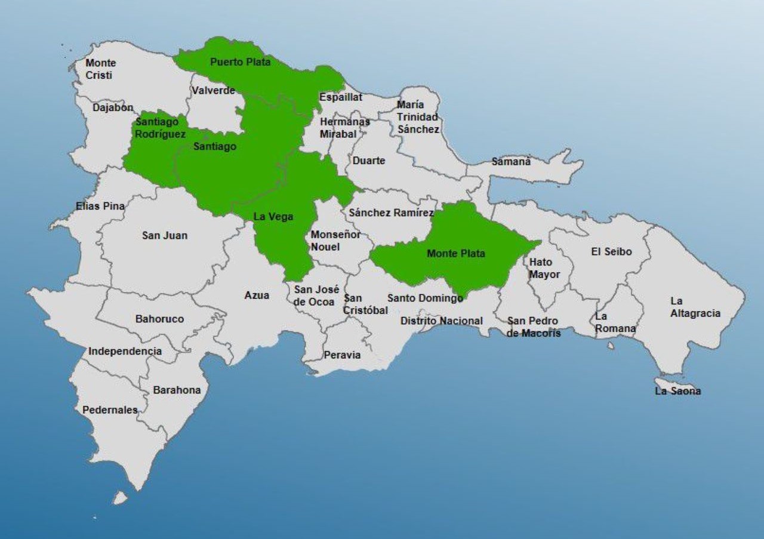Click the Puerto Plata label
coord(240,62)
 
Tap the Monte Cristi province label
coord(100,69)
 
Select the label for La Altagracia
coord(695,307)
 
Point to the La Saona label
coord(677,392)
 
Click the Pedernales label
coord(110,410)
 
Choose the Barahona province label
coord(177,390)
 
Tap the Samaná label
coord(511,162)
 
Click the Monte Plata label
coord(455,254)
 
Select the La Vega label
coord(273,217)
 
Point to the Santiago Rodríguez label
coord(160,128)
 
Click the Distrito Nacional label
coord(441,321)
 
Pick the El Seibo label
coord(611,252)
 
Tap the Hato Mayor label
coord(544,269)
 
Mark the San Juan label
coord(165,236)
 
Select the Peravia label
coord(342,355)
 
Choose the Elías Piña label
coord(100,207)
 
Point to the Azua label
coord(257,295)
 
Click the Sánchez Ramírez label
coord(392,213)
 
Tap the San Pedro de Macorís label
coord(534,327)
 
